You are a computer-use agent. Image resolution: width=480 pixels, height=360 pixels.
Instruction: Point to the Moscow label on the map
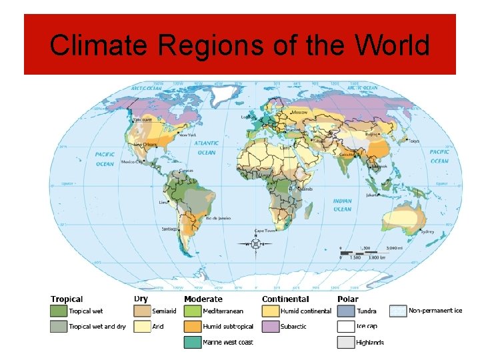(x=299, y=112)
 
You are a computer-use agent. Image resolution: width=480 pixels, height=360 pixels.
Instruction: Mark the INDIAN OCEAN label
(x=342, y=205)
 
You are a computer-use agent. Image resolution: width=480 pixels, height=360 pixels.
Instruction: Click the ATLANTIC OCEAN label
(x=207, y=147)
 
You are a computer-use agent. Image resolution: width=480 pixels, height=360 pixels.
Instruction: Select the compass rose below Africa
(x=255, y=244)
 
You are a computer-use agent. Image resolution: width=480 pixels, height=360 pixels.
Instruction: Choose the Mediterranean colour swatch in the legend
(x=193, y=311)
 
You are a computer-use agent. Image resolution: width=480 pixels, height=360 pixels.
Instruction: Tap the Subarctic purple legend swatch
(x=270, y=327)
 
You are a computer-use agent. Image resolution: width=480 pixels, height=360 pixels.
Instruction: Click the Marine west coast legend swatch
(x=193, y=343)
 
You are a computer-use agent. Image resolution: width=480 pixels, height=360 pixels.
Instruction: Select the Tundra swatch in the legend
(x=346, y=311)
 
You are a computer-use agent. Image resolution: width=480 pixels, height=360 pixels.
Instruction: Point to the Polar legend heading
(x=347, y=299)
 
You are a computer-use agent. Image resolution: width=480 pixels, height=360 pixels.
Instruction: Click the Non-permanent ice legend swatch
(x=399, y=311)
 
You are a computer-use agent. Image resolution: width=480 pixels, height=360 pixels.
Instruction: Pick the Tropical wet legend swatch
(x=58, y=311)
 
